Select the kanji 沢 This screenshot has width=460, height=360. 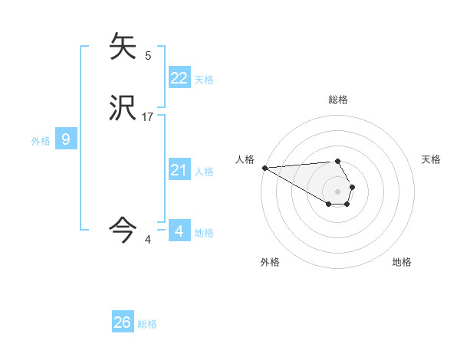pyautogui.click(x=123, y=108)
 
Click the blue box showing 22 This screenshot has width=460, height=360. pyautogui.click(x=179, y=78)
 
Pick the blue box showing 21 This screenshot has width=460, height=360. pyautogui.click(x=179, y=170)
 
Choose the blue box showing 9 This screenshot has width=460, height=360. pyautogui.click(x=66, y=139)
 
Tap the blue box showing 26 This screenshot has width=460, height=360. pyautogui.click(x=123, y=322)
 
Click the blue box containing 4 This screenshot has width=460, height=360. pyautogui.click(x=179, y=231)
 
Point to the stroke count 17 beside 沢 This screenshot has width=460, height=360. pyautogui.click(x=148, y=116)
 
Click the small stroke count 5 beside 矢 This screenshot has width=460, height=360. pyautogui.click(x=148, y=55)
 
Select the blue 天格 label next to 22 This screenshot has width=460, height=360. pyautogui.click(x=204, y=80)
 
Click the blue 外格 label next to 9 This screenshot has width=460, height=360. pyautogui.click(x=41, y=141)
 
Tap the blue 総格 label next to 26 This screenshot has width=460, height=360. pyautogui.click(x=147, y=324)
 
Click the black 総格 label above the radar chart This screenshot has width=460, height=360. pyautogui.click(x=338, y=100)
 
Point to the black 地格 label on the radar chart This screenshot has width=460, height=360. pyautogui.click(x=402, y=262)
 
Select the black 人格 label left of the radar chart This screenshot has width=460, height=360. pyautogui.click(x=245, y=159)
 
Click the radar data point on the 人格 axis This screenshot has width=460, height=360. pyautogui.click(x=264, y=168)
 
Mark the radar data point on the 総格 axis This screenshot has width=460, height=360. pyautogui.click(x=337, y=162)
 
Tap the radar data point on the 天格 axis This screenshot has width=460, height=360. pyautogui.click(x=352, y=187)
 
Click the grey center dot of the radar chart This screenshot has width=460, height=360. pyautogui.click(x=337, y=191)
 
